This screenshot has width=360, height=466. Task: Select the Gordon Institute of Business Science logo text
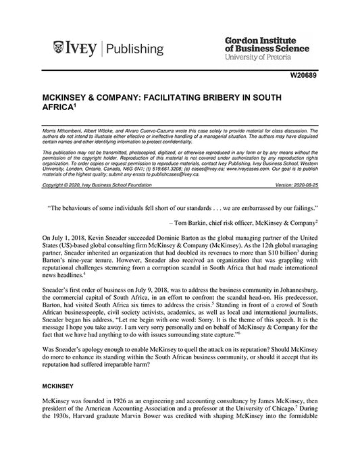pyautogui.click(x=265, y=44)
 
